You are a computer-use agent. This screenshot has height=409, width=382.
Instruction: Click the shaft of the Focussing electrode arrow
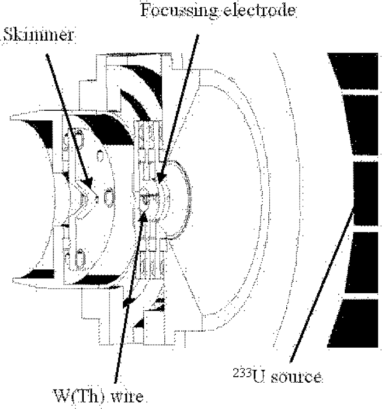pos(179,106)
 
